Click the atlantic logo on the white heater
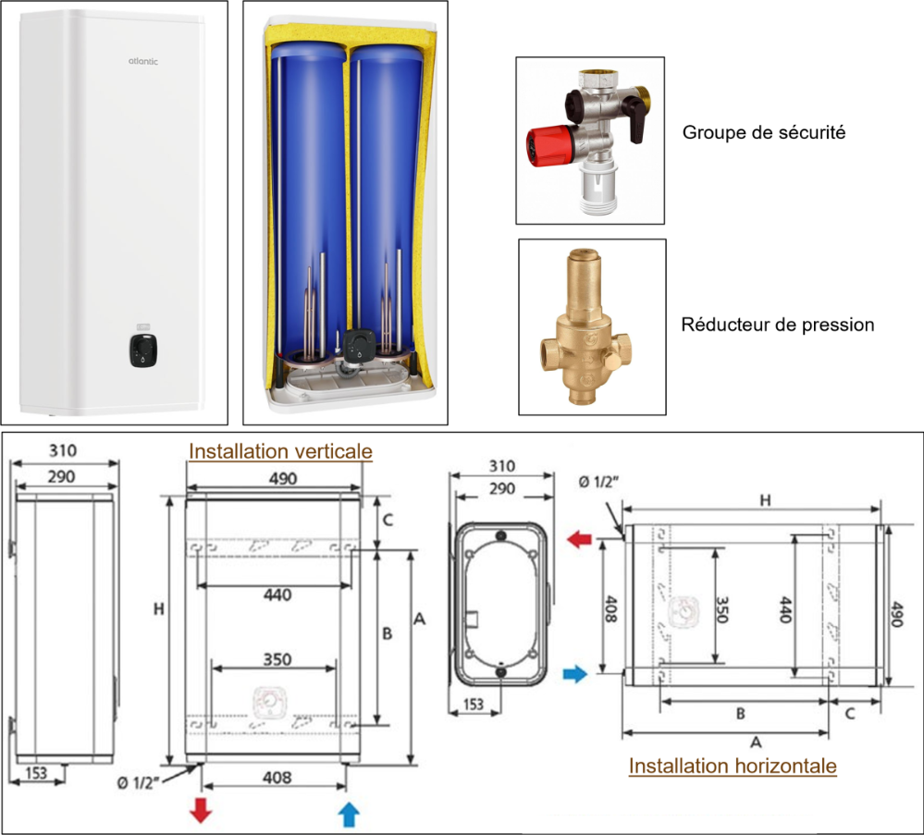click(x=142, y=62)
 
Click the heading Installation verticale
click(x=280, y=451)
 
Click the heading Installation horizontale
click(x=733, y=766)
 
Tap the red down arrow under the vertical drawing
click(x=201, y=811)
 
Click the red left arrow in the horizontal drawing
click(x=581, y=539)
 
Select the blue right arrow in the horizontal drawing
click(x=575, y=675)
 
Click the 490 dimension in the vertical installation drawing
click(x=283, y=478)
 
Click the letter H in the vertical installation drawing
click(x=159, y=609)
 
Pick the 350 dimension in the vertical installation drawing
click(x=277, y=659)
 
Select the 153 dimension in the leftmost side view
click(x=36, y=773)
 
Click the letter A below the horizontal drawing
click(x=755, y=742)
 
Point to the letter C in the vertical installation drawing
click(x=388, y=520)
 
